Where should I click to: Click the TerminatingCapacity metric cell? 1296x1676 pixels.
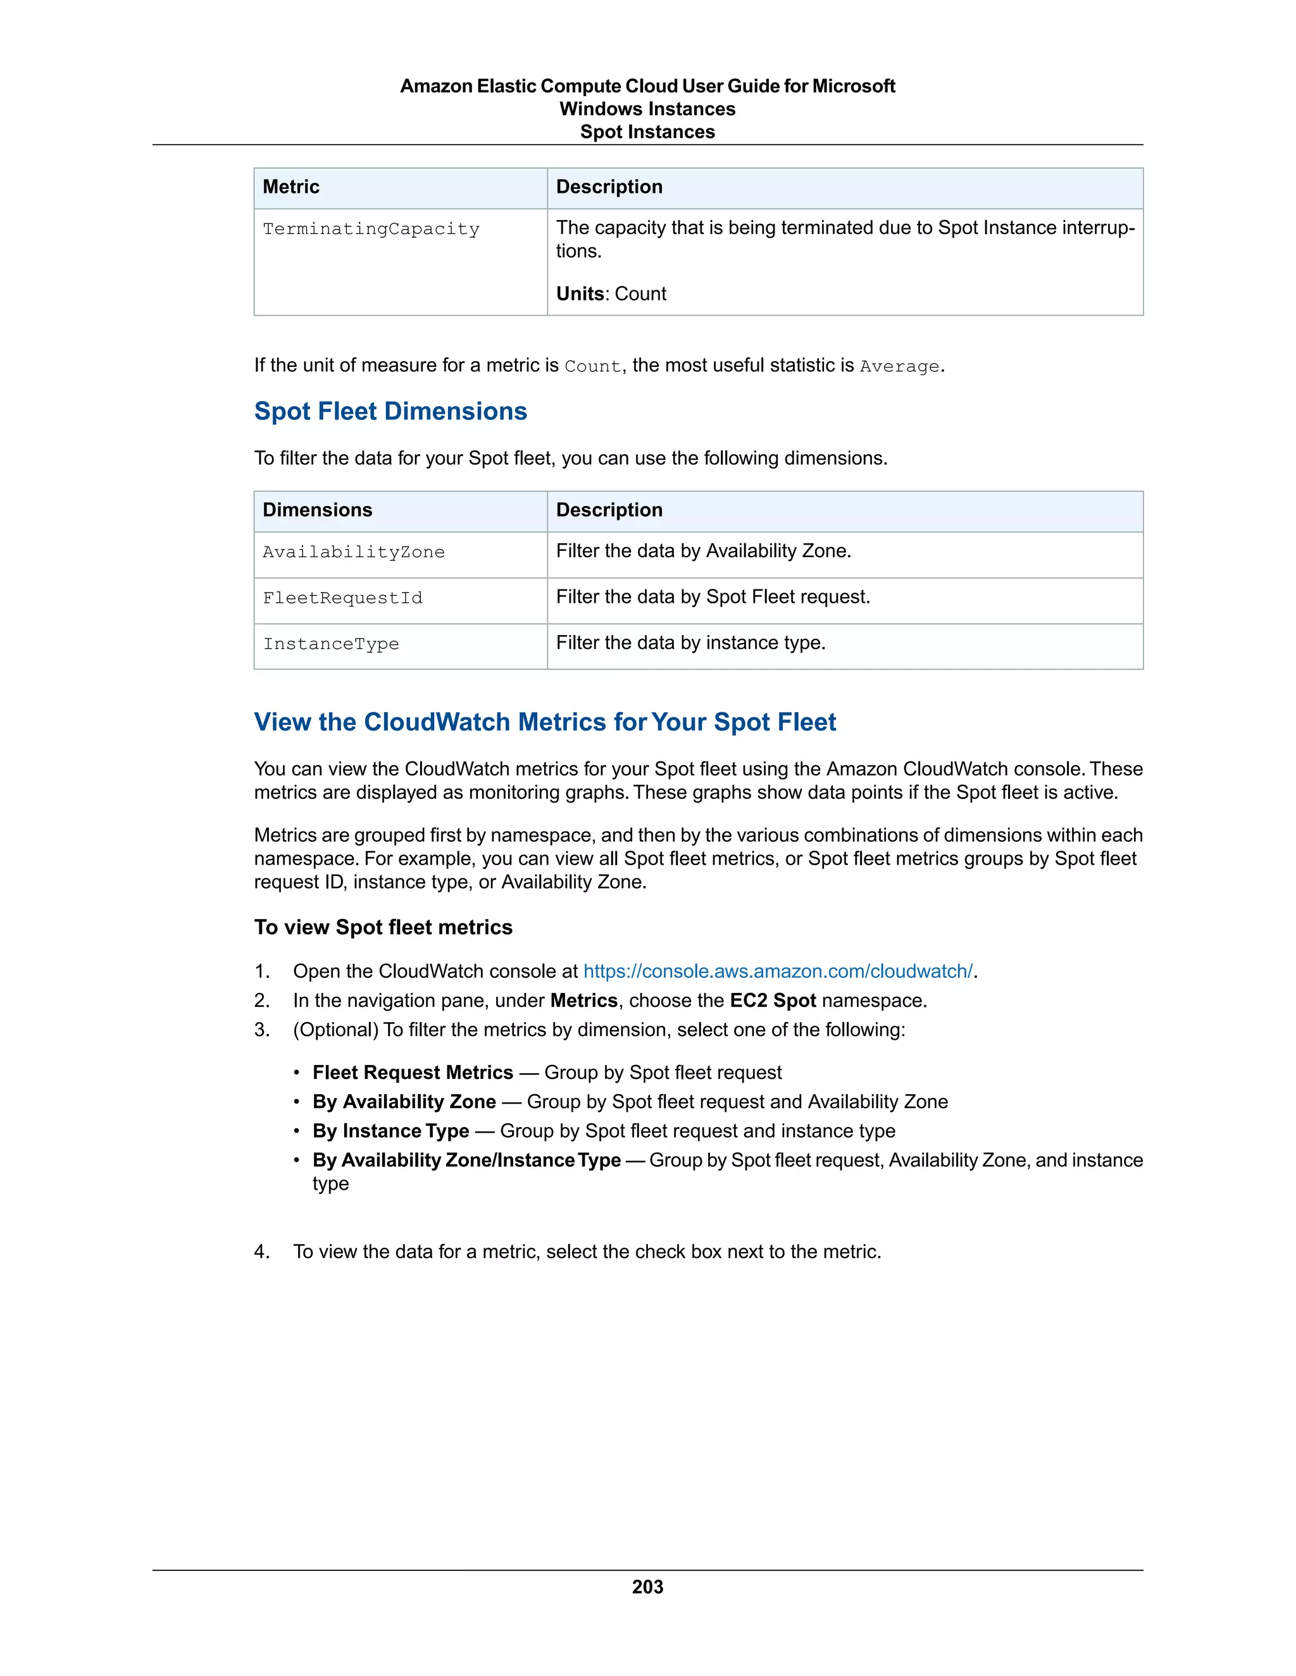(x=371, y=230)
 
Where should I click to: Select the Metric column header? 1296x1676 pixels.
(x=291, y=187)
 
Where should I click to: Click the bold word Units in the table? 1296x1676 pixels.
(x=580, y=294)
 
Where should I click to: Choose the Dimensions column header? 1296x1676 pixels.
(x=317, y=510)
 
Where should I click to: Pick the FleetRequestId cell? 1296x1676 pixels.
(x=342, y=598)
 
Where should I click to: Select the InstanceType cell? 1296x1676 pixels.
(x=331, y=644)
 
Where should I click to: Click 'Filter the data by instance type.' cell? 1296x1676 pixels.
(x=690, y=643)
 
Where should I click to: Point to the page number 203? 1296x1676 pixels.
(x=647, y=1587)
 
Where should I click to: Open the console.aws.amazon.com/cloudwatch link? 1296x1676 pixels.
(x=778, y=971)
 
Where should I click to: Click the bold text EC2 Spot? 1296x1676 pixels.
(x=773, y=1001)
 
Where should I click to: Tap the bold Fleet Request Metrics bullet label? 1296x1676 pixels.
(x=413, y=1073)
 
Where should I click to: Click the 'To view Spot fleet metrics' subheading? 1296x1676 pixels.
(x=383, y=928)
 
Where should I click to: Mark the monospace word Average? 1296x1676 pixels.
(x=899, y=367)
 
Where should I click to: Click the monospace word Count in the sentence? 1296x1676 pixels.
(x=592, y=367)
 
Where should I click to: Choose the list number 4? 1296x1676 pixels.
(x=262, y=1252)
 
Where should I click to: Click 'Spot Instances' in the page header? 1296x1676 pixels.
(x=647, y=132)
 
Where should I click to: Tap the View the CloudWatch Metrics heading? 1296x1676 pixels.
(x=544, y=722)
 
